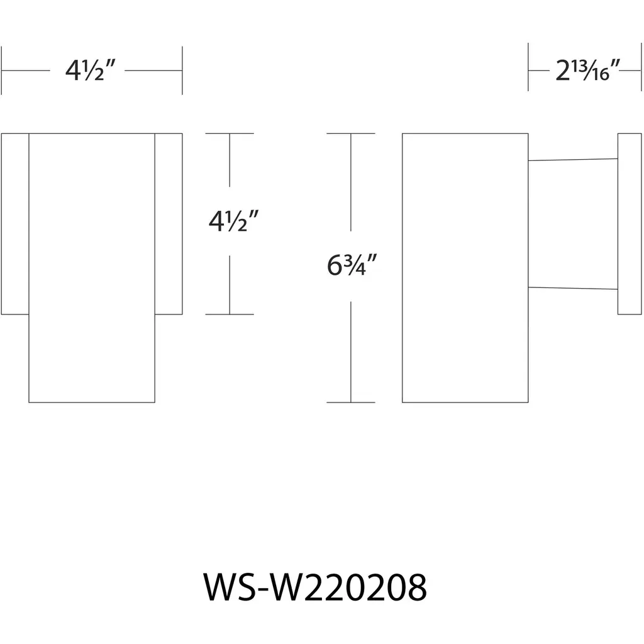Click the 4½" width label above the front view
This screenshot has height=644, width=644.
pos(92,72)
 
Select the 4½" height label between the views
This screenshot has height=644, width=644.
pos(233,223)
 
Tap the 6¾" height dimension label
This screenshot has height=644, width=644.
pos(352,267)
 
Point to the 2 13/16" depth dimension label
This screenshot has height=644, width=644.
pos(589,72)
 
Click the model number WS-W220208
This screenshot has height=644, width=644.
pos(315,589)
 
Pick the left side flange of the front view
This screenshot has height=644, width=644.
pos(15,223)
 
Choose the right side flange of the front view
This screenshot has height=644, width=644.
pos(169,223)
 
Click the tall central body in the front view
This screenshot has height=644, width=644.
pos(92,267)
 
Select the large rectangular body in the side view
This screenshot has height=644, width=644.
pos(465,267)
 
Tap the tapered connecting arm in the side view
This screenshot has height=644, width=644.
pos(573,223)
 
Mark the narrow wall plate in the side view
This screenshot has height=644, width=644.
pos(629,223)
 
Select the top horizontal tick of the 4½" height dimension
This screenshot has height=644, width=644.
pos(230,134)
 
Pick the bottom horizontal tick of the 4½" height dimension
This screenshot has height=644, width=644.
pos(230,314)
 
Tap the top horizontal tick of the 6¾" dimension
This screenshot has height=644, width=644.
pos(350,134)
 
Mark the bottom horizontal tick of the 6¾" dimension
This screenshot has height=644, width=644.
pos(350,402)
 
